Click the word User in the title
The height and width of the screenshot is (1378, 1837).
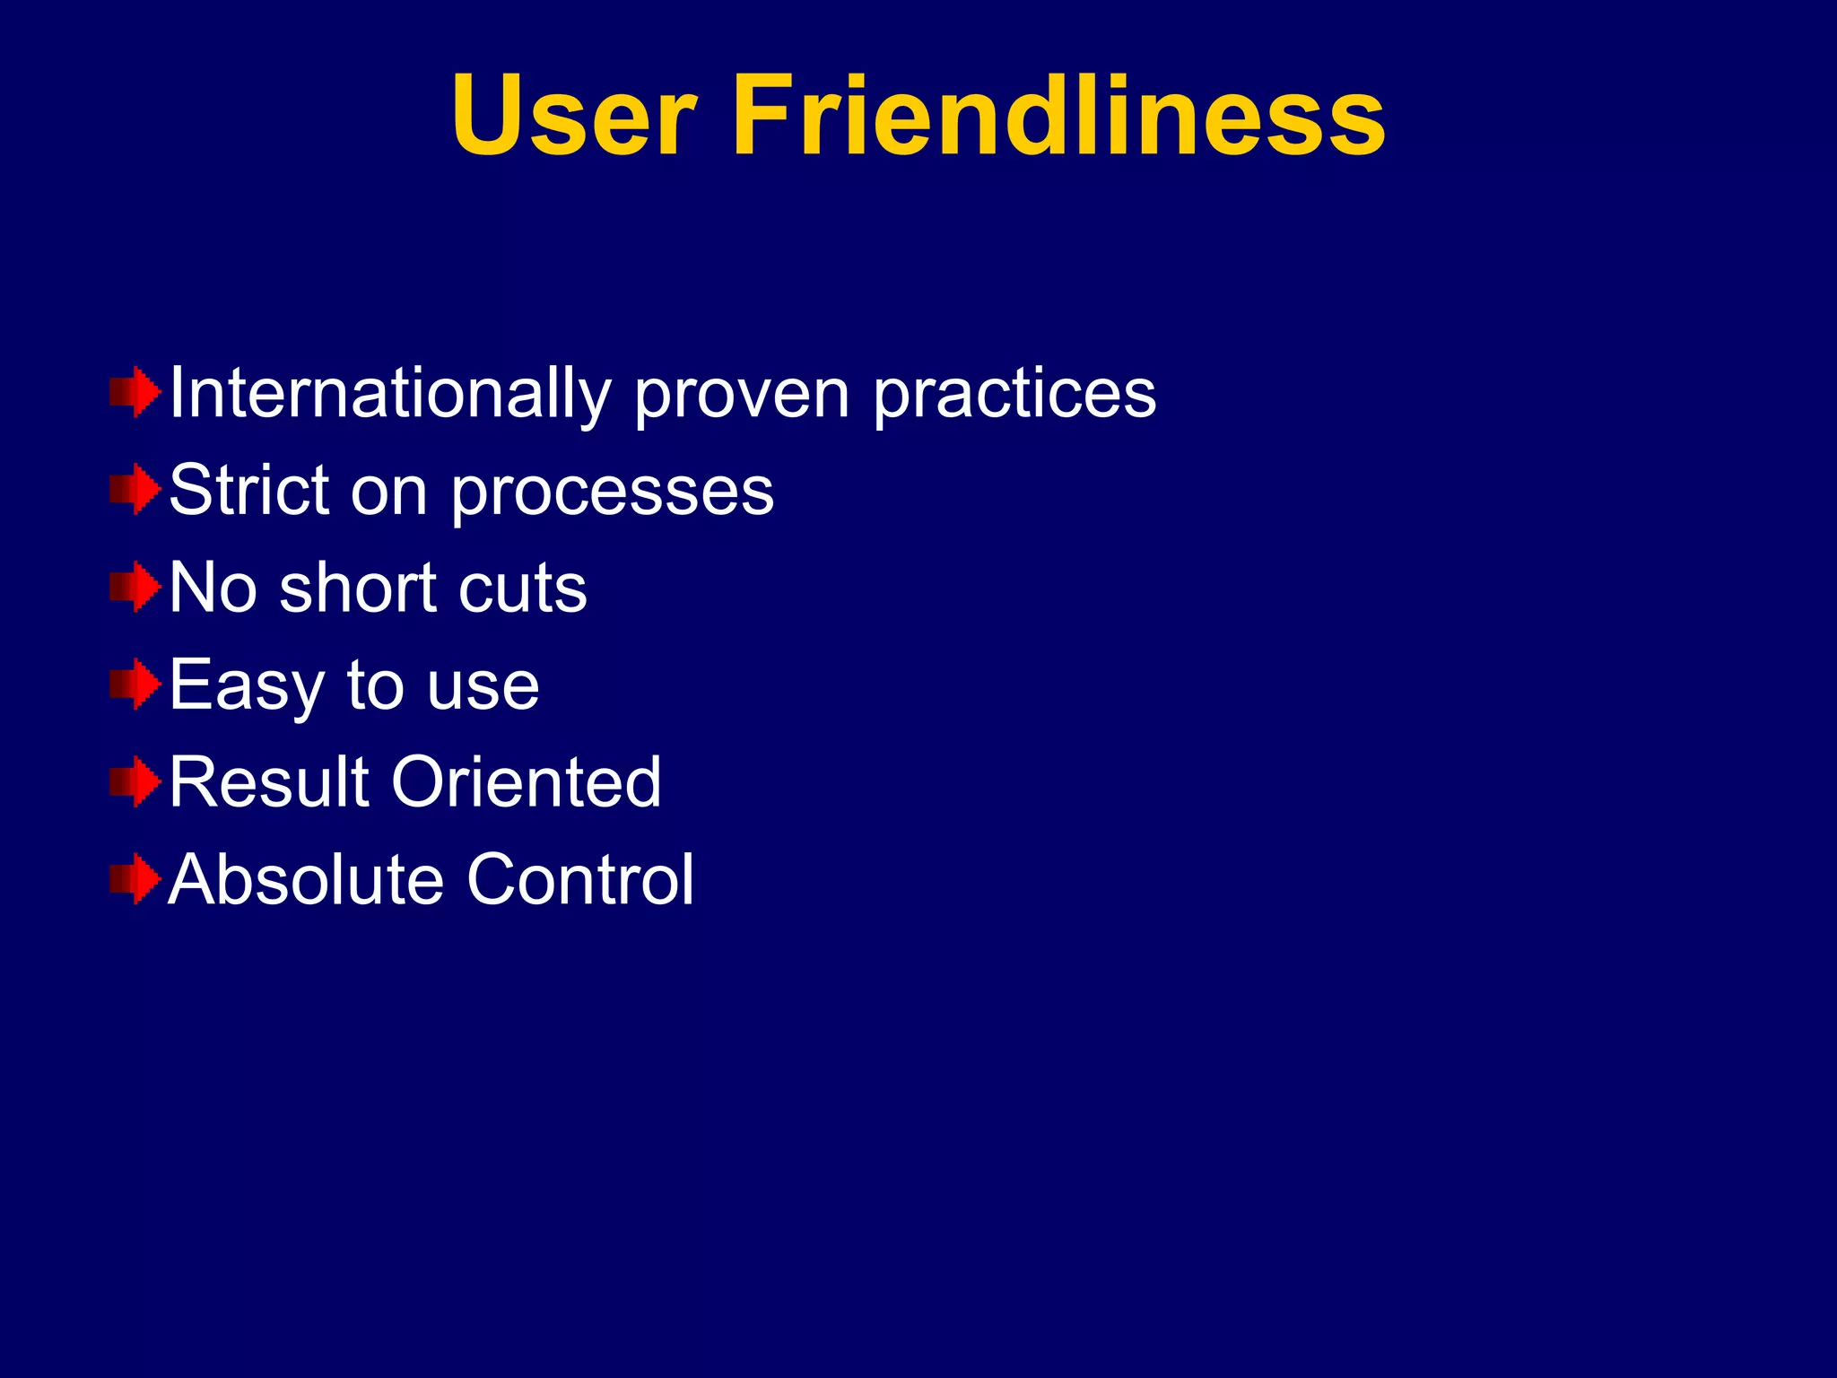574,117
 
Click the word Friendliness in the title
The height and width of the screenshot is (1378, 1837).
1059,117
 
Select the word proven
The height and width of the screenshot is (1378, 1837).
742,396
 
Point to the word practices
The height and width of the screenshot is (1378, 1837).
1014,394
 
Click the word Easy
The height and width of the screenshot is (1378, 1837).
246,687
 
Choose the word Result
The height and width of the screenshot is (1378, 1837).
269,782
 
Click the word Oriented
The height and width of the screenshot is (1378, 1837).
527,782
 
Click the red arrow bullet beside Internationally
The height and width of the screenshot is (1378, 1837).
135,392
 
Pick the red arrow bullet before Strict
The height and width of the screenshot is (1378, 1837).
135,490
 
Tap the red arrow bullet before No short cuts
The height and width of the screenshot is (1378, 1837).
135,588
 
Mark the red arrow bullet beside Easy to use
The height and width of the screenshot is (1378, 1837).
135,685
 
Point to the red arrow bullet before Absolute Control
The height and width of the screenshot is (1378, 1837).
135,879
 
